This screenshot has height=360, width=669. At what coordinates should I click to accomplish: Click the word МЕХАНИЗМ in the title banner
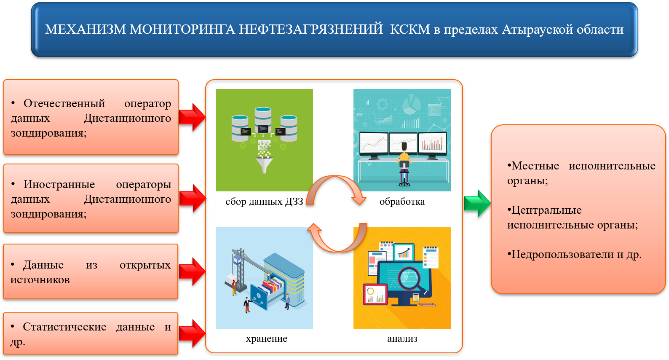click(x=86, y=29)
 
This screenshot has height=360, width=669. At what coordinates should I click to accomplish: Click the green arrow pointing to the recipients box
click(x=477, y=203)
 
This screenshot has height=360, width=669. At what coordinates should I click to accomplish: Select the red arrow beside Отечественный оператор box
click(x=193, y=117)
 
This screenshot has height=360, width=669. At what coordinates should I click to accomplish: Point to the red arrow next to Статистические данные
click(x=193, y=333)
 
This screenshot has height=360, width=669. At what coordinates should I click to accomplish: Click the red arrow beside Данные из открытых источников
click(x=193, y=271)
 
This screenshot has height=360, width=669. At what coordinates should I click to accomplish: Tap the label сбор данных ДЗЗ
click(x=264, y=201)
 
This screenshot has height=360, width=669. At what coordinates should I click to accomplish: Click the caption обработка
click(x=402, y=201)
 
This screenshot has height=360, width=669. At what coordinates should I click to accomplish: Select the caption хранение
click(x=266, y=339)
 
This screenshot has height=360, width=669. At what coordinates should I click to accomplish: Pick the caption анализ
click(x=402, y=339)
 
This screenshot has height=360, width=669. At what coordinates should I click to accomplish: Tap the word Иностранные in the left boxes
click(x=59, y=184)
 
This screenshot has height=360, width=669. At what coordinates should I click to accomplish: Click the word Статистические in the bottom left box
click(x=64, y=327)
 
